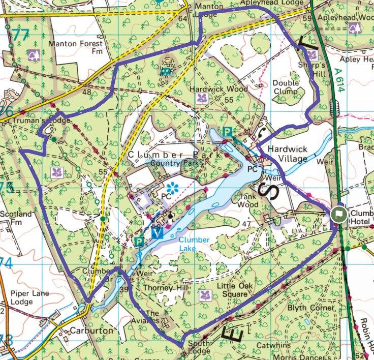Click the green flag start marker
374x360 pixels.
click(x=338, y=215)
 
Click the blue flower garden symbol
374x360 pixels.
click(x=173, y=188)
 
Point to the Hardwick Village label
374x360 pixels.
click(x=288, y=154)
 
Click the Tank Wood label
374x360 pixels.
click(x=248, y=201)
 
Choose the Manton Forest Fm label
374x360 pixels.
click(x=75, y=47)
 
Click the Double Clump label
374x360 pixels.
click(x=286, y=87)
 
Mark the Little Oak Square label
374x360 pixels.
click(x=234, y=290)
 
